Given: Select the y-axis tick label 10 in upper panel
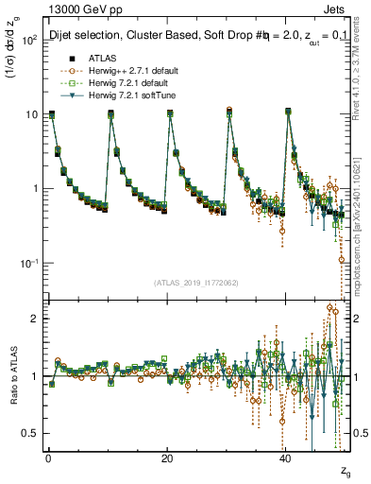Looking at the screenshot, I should pos(31,114).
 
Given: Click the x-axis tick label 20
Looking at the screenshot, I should pos(167,458).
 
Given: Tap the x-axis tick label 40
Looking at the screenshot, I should pos(286,458).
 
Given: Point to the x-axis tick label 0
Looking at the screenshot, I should pos(48,458).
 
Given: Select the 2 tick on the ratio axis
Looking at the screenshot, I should pos(34,319).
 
